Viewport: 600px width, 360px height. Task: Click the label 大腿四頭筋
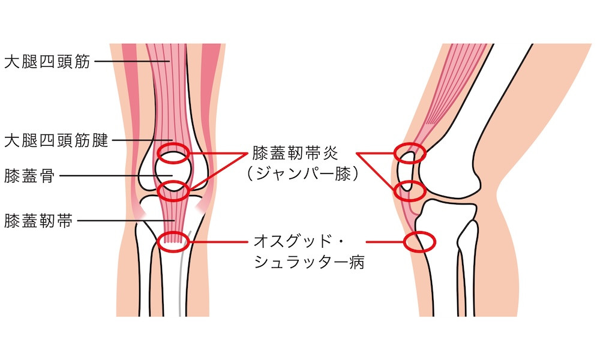47,61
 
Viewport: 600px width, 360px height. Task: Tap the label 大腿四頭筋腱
56,140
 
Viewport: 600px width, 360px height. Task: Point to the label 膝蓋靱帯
38,221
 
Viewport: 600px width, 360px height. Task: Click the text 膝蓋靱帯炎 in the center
295,153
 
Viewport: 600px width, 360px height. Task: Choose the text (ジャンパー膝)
302,174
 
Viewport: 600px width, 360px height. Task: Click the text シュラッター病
309,262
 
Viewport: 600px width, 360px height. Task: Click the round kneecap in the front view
173,171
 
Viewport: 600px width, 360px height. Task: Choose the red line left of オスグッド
219,242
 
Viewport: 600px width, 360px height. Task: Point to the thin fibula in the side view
467,268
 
